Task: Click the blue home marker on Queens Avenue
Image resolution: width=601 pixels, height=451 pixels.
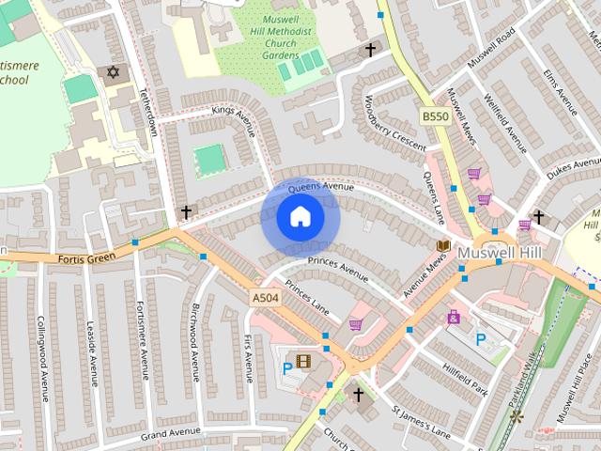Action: (x=300, y=218)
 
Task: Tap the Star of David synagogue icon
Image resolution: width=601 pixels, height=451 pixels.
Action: (x=115, y=72)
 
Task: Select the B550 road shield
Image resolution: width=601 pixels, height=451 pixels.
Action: (x=434, y=116)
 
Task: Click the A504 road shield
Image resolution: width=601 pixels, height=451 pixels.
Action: (x=265, y=298)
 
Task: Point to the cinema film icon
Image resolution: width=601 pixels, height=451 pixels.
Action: (x=303, y=360)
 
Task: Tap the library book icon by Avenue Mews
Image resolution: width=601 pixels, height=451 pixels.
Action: (x=443, y=245)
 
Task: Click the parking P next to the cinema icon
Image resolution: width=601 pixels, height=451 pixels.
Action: (x=287, y=368)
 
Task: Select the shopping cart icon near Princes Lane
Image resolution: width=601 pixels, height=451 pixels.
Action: (x=356, y=325)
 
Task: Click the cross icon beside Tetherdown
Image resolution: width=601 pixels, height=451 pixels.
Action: (x=187, y=212)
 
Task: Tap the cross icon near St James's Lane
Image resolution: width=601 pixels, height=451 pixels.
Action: (x=357, y=395)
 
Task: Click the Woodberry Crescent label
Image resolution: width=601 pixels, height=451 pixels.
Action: (x=393, y=123)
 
